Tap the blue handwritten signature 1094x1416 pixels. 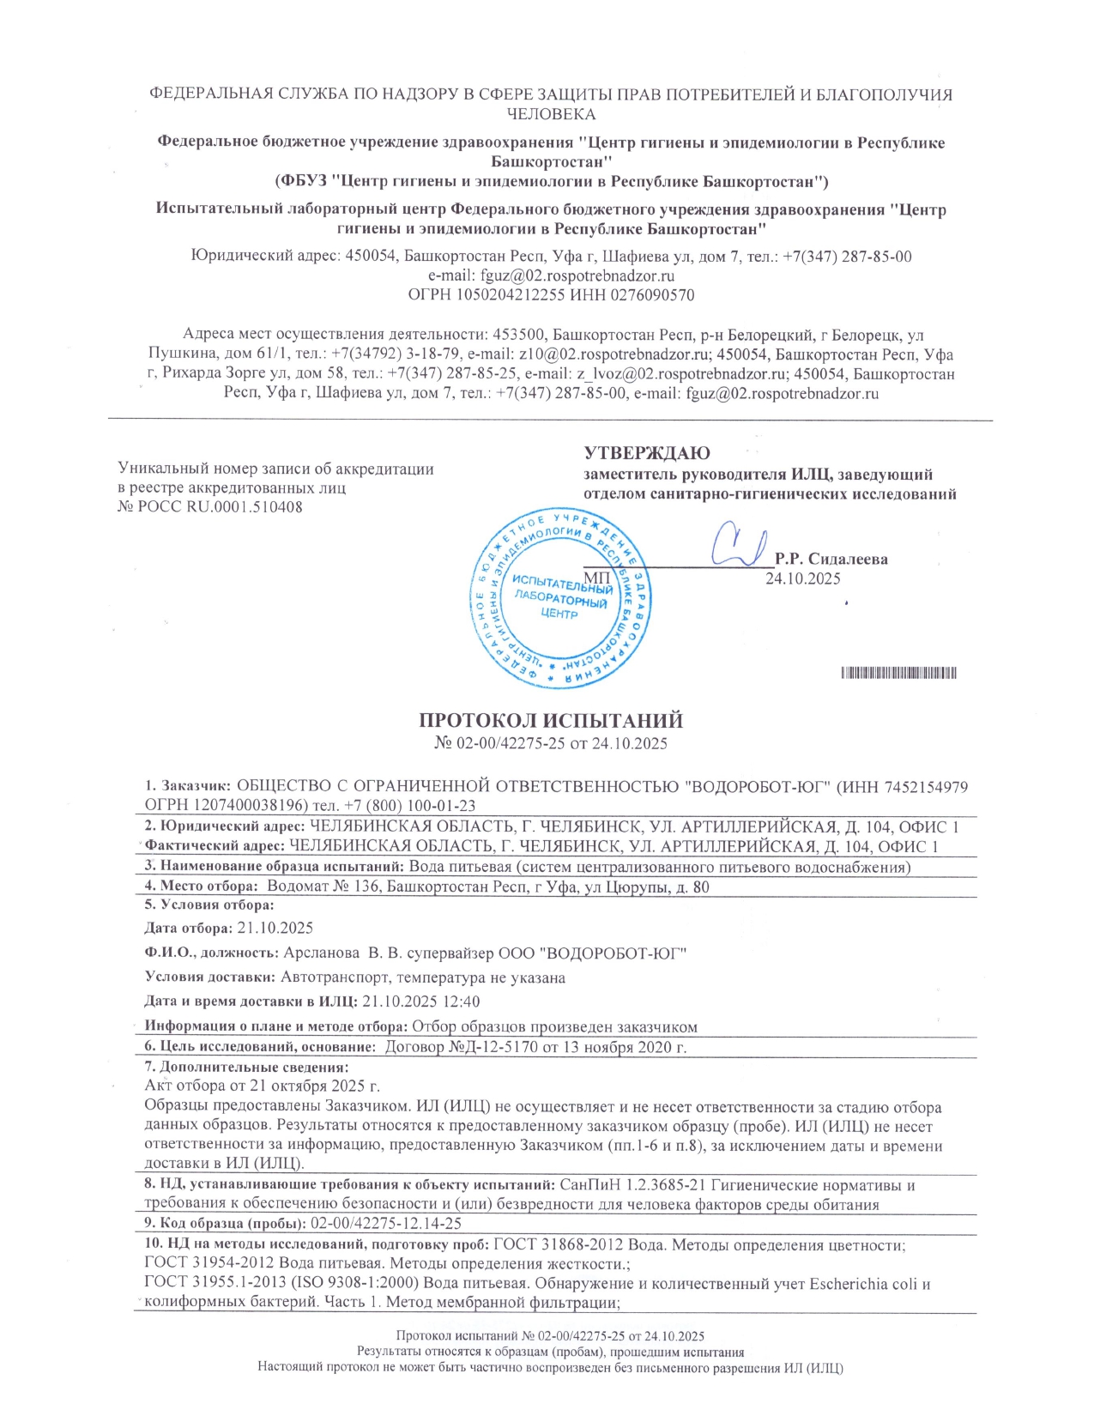pos(736,543)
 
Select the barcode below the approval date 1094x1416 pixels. pos(898,673)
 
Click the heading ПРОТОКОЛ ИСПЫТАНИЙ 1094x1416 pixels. pos(550,721)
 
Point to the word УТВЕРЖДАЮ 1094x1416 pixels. pos(647,453)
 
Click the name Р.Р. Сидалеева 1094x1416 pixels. pos(831,559)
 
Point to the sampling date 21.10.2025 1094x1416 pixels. pos(275,928)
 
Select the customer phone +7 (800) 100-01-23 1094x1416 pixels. pos(413,806)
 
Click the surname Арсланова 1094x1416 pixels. pos(321,953)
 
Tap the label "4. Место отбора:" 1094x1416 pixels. pos(200,887)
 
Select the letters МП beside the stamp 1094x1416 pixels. pos(596,576)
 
